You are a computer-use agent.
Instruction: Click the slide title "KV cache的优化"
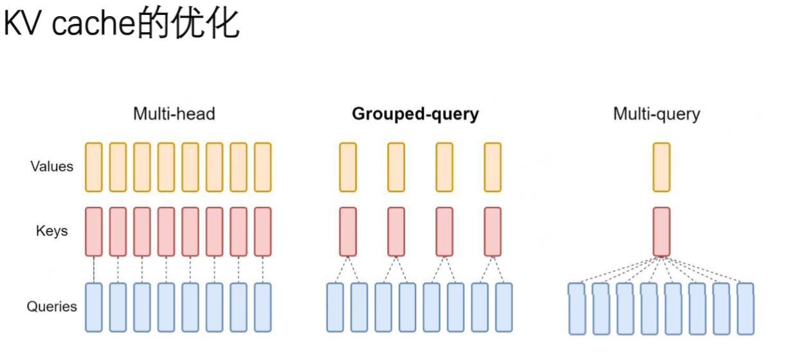click(x=122, y=25)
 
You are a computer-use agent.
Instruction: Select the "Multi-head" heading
click(x=174, y=114)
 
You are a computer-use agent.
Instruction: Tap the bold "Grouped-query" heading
click(x=415, y=114)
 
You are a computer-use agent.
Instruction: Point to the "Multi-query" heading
click(x=656, y=114)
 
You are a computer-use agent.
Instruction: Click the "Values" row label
click(x=52, y=166)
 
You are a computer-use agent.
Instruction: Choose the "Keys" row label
click(x=52, y=231)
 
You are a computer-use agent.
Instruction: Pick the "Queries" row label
click(x=52, y=307)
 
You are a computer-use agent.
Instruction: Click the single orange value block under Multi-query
click(x=661, y=167)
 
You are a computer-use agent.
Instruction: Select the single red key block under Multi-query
click(x=661, y=231)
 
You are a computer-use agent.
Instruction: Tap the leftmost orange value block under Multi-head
click(x=94, y=167)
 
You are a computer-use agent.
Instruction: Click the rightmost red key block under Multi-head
click(x=262, y=231)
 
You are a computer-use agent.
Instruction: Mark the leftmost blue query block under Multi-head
click(x=94, y=307)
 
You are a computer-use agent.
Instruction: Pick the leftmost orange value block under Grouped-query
click(x=348, y=167)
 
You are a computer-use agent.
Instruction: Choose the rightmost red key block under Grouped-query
click(x=493, y=231)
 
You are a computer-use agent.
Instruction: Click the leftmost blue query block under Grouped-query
click(x=335, y=307)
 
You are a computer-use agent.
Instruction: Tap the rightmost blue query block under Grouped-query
click(x=504, y=307)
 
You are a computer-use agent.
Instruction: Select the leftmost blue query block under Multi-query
click(x=577, y=309)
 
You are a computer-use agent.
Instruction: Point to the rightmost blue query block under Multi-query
click(x=745, y=309)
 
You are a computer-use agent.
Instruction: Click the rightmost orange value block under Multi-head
click(x=262, y=167)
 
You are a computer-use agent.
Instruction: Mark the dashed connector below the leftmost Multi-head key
click(x=94, y=269)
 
